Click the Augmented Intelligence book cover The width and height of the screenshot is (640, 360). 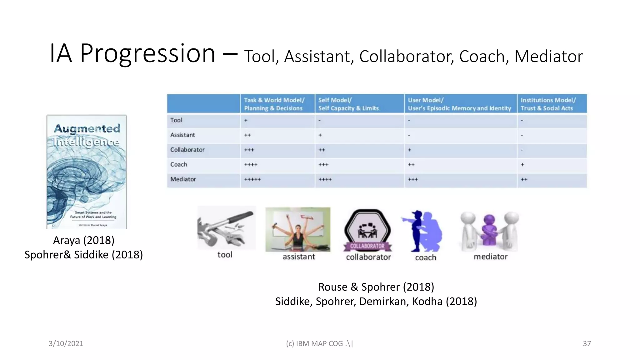click(x=87, y=172)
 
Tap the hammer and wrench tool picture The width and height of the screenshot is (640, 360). click(x=226, y=228)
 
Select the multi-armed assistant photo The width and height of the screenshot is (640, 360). click(x=298, y=229)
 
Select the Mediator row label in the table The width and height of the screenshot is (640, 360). click(x=183, y=179)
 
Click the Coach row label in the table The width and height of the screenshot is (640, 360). click(x=179, y=165)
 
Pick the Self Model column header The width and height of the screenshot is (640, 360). click(x=348, y=104)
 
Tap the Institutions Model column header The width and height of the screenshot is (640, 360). click(x=548, y=104)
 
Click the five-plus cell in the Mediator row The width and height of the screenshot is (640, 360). click(x=252, y=180)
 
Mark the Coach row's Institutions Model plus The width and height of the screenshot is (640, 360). click(x=522, y=165)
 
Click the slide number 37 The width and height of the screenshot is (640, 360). click(x=587, y=344)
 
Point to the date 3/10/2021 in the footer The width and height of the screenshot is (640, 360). click(x=66, y=344)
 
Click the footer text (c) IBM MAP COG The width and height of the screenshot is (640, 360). click(x=319, y=344)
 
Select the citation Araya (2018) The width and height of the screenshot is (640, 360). click(x=84, y=240)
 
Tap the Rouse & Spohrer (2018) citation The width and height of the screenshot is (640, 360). click(x=376, y=287)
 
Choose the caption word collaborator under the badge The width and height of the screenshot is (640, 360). click(x=368, y=257)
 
